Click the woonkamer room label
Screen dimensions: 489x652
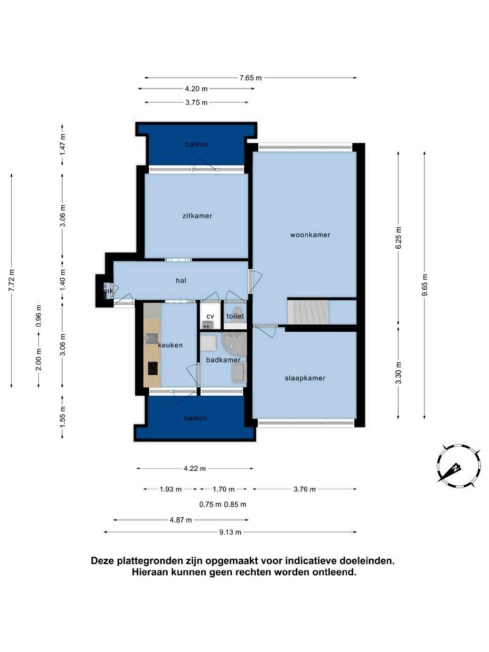tap(310, 235)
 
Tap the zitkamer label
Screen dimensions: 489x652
tap(197, 216)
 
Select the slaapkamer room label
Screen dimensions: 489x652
tap(305, 378)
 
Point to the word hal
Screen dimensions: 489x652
tap(181, 280)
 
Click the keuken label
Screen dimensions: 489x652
tap(170, 345)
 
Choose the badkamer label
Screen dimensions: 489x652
tap(223, 360)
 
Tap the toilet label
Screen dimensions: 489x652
tap(235, 316)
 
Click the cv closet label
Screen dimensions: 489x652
tap(210, 317)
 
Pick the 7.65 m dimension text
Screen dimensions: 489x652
tap(251, 78)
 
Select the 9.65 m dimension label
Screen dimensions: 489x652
tap(424, 285)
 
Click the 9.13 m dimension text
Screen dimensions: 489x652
tap(230, 532)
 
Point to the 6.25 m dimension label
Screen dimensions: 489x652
tap(399, 238)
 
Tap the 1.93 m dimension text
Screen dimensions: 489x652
tap(171, 489)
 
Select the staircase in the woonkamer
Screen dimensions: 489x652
tap(308, 312)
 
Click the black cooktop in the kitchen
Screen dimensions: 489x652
tap(153, 368)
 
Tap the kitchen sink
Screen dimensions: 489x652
tap(151, 338)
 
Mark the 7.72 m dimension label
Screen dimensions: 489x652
tap(12, 281)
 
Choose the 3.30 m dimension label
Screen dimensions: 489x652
tap(399, 373)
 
